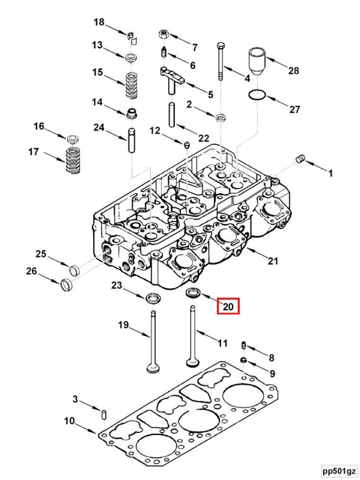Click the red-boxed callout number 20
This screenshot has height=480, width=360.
[x=228, y=306]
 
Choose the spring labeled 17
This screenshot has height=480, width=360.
[x=72, y=161]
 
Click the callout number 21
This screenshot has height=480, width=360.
[x=273, y=260]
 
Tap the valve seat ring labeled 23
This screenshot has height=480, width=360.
[x=153, y=298]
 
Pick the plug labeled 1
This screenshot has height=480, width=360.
[x=299, y=159]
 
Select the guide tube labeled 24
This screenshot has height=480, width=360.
[x=131, y=139]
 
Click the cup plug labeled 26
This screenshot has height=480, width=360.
[x=65, y=285]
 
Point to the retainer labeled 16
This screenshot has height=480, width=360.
[x=72, y=139]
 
